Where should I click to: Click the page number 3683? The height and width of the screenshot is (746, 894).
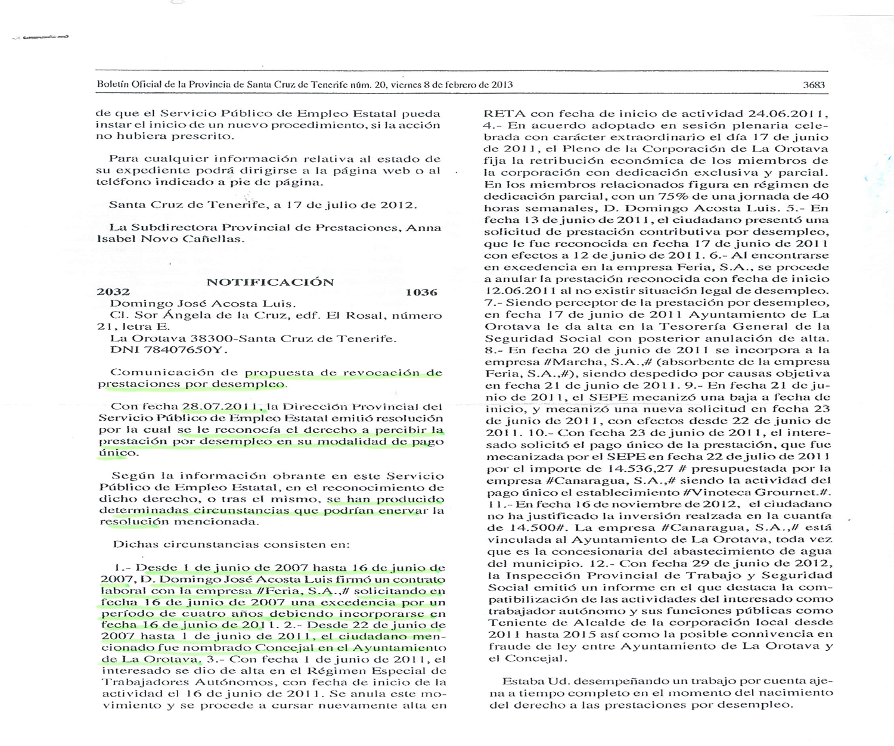pos(814,85)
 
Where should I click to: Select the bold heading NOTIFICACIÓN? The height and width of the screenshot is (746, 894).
pos(270,282)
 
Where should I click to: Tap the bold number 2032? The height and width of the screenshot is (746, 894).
pos(113,292)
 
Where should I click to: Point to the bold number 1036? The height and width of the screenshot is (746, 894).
pos(421,292)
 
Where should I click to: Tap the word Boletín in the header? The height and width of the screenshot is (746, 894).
pos(113,85)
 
